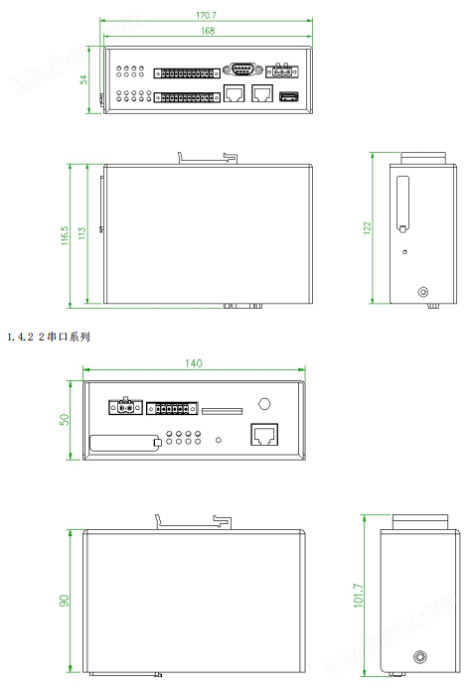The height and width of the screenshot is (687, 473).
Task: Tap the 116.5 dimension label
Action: (x=66, y=233)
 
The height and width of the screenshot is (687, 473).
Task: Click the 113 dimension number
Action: (x=82, y=233)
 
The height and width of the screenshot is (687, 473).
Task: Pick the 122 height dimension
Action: (x=367, y=229)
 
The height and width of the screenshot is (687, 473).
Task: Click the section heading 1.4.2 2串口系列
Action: (x=48, y=338)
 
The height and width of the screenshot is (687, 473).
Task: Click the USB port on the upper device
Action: (x=289, y=96)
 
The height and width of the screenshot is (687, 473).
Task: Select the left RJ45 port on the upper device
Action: (x=236, y=94)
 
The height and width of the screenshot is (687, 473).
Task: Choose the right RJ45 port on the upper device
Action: (x=262, y=94)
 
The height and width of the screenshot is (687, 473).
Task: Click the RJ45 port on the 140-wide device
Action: (x=263, y=435)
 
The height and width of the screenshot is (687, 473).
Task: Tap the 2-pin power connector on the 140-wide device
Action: (x=124, y=407)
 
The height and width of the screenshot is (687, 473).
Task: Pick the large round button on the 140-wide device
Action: (x=264, y=404)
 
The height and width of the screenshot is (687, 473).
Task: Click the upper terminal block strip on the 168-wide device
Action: (x=186, y=73)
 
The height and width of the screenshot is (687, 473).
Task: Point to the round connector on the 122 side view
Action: (x=424, y=293)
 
